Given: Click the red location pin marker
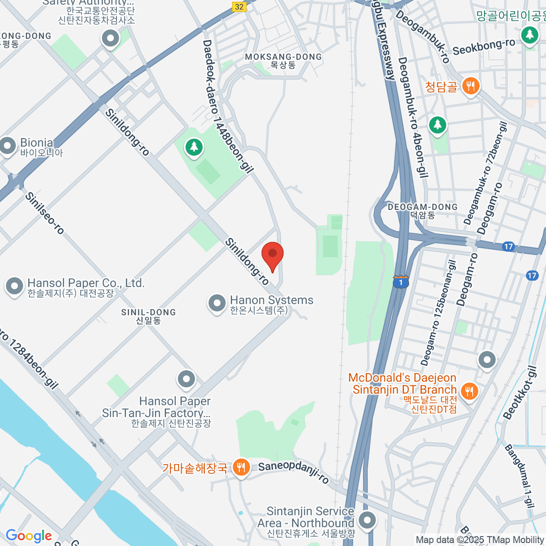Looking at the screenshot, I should pyautogui.click(x=273, y=255).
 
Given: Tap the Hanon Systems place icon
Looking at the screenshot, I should pyautogui.click(x=217, y=303).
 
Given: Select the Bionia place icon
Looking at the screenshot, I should pyautogui.click(x=7, y=146).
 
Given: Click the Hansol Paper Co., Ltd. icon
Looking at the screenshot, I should pyautogui.click(x=14, y=286).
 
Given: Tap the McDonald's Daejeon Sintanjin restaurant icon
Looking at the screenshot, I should pyautogui.click(x=469, y=391).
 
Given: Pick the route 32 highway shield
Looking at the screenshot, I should pyautogui.click(x=239, y=6).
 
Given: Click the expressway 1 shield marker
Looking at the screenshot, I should pyautogui.click(x=400, y=283).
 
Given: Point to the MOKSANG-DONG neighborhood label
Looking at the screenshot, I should pyautogui.click(x=283, y=57).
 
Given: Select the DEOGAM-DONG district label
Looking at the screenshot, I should pyautogui.click(x=422, y=207).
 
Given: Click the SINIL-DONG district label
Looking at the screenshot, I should pyautogui.click(x=148, y=313).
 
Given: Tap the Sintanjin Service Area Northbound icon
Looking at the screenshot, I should pyautogui.click(x=367, y=519).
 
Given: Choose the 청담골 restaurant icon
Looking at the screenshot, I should pyautogui.click(x=470, y=86).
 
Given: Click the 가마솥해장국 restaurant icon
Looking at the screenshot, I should pyautogui.click(x=241, y=467).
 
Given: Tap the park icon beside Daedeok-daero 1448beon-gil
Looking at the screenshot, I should pyautogui.click(x=194, y=147).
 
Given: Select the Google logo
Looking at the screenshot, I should pyautogui.click(x=29, y=536).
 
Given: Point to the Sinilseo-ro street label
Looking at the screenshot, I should pyautogui.click(x=45, y=213).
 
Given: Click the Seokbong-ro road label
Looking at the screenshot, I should pyautogui.click(x=484, y=47).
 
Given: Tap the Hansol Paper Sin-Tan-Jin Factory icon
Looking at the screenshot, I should pyautogui.click(x=186, y=379).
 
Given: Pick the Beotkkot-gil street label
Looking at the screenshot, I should pyautogui.click(x=519, y=393).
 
